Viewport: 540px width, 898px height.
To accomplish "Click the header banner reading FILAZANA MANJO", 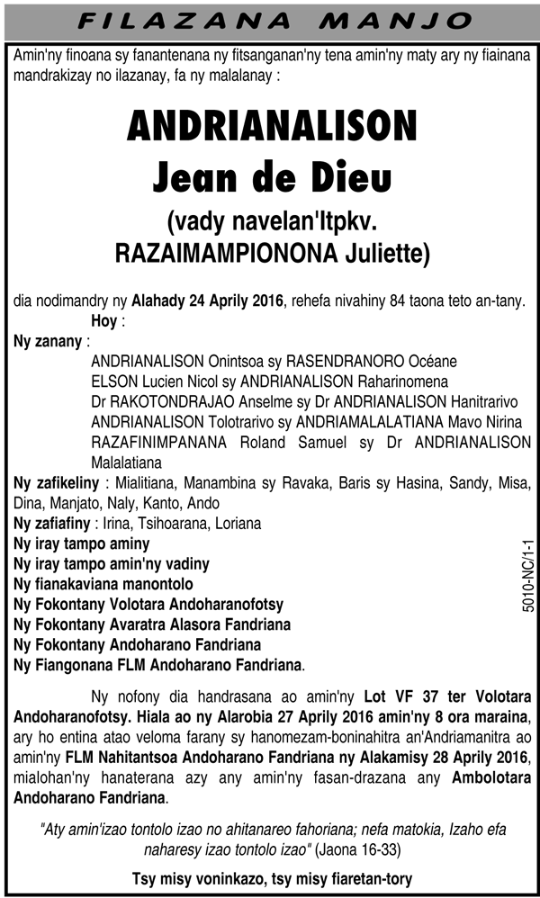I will point(270,20).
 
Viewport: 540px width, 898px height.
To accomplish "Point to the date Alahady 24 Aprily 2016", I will point(208,300).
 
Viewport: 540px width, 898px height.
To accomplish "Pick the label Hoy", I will point(104,321).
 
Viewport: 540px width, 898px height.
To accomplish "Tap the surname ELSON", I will point(114,382).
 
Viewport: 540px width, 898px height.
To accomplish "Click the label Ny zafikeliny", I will point(55,483).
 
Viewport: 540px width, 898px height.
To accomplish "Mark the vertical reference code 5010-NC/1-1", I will point(527,577).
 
